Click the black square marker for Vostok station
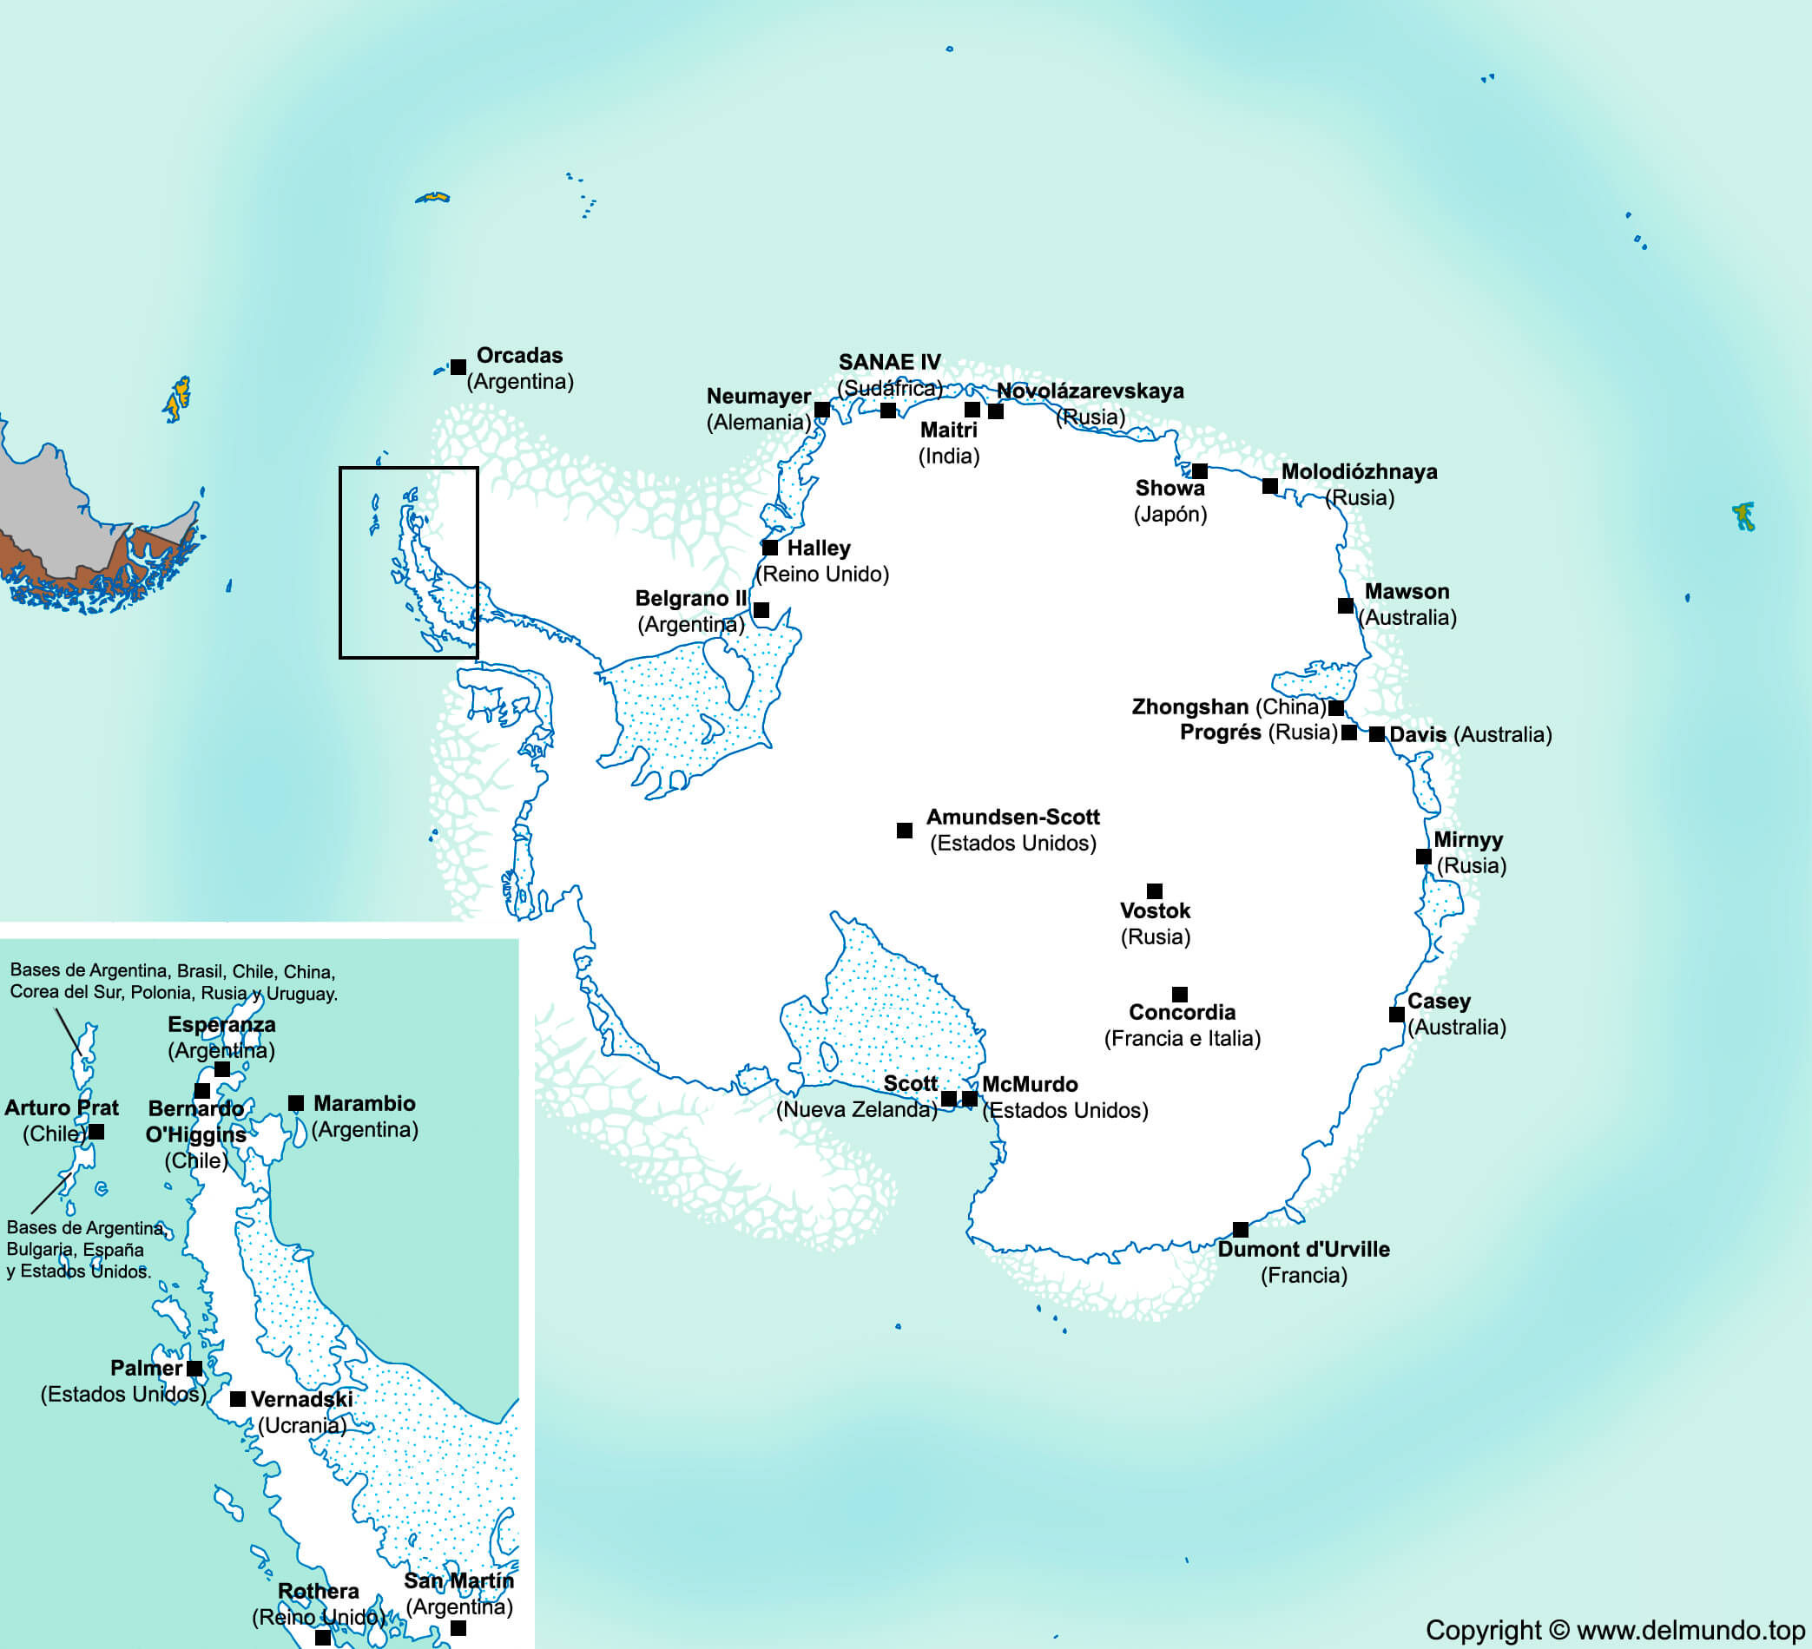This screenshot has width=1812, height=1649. [x=1155, y=890]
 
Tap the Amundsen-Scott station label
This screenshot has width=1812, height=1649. [x=1012, y=817]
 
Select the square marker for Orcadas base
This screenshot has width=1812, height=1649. [x=458, y=366]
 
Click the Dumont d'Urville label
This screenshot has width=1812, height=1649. [x=1303, y=1249]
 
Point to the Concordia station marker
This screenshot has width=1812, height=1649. [x=1180, y=994]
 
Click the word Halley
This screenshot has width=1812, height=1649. [x=818, y=549]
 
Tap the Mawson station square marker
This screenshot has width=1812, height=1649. [x=1346, y=606]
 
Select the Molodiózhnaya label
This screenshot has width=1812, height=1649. [x=1359, y=472]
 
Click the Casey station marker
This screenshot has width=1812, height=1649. [x=1397, y=1015]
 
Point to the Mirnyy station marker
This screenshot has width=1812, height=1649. [x=1424, y=857]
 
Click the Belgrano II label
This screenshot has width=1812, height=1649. [x=690, y=599]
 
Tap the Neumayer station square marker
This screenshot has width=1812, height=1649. [x=821, y=410]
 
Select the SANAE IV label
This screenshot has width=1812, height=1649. [x=889, y=362]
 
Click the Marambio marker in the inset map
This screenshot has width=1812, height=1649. [x=296, y=1102]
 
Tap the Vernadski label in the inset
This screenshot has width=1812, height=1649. [x=301, y=1399]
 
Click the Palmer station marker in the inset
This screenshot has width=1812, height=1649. [x=194, y=1369]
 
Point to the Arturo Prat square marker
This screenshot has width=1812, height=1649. [x=96, y=1133]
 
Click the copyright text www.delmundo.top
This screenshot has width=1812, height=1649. [x=1690, y=1630]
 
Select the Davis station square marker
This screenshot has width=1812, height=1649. [x=1377, y=734]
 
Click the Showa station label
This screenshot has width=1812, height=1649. [x=1170, y=488]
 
